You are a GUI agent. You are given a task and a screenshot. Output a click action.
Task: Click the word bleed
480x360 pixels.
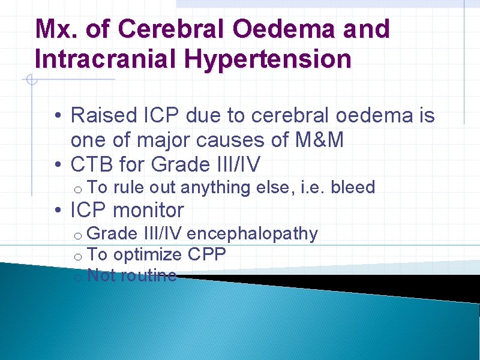tap(353, 188)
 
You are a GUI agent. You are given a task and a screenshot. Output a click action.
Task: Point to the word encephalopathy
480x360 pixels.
tap(253, 234)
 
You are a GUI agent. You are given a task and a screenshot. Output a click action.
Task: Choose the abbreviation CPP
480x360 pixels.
tap(207, 255)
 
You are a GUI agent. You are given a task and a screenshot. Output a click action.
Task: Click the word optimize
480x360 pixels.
tap(148, 255)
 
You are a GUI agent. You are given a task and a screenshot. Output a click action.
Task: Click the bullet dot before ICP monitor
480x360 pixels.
tap(55, 211)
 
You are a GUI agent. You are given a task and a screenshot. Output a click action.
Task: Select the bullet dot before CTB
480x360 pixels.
tap(55, 164)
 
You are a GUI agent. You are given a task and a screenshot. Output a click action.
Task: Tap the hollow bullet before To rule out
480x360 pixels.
tap(78, 190)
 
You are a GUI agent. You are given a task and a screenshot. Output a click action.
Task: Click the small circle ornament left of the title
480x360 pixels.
tap(31, 79)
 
